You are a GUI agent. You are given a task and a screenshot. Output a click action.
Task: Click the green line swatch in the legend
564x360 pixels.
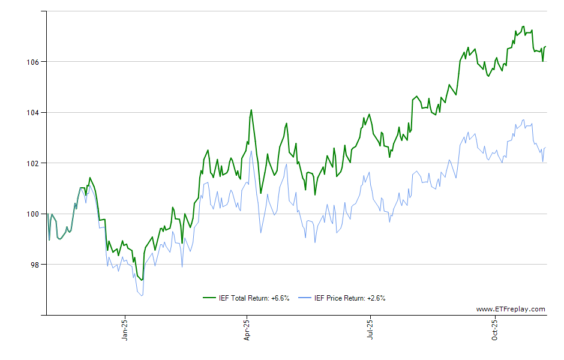tap(209, 298)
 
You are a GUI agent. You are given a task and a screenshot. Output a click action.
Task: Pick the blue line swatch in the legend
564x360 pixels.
tap(305, 298)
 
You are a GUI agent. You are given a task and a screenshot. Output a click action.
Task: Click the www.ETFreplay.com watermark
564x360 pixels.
tap(511, 310)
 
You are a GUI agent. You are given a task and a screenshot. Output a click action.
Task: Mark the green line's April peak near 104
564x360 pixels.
tap(251, 110)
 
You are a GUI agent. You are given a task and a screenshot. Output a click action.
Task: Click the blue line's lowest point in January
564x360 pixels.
tap(142, 296)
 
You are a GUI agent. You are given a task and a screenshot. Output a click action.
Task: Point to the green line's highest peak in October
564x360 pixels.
tap(523, 26)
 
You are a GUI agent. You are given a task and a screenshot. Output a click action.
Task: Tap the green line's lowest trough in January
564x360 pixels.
tap(142, 280)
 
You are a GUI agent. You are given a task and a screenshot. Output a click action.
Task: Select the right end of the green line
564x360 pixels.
tap(545, 47)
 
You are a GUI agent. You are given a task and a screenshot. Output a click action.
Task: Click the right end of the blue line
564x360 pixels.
tap(545, 148)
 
